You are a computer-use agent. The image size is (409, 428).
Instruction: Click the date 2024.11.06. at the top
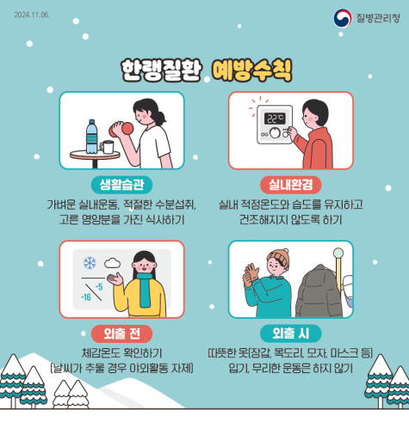(x=32, y=15)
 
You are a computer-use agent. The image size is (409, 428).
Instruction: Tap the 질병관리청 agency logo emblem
(x=342, y=18)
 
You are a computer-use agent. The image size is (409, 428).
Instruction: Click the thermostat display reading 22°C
(x=275, y=119)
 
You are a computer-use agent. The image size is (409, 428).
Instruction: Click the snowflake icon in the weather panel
(x=89, y=262)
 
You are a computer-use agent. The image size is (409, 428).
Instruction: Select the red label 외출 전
(x=121, y=333)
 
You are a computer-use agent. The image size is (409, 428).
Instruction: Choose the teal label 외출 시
(x=290, y=333)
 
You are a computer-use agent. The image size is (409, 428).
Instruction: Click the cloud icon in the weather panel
(x=112, y=262)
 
